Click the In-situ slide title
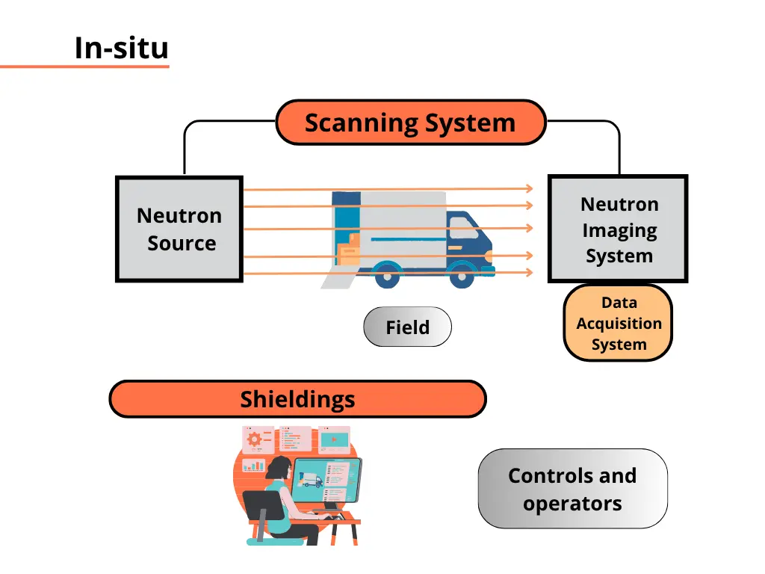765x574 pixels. click(x=121, y=48)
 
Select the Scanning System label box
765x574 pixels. click(x=410, y=123)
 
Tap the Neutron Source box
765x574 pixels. click(x=179, y=229)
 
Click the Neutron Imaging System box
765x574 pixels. click(x=618, y=229)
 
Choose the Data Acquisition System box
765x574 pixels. click(x=618, y=323)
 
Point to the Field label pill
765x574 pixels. click(x=407, y=327)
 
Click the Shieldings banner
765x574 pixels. click(x=297, y=399)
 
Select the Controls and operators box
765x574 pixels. click(x=572, y=489)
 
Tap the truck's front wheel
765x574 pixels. click(x=469, y=274)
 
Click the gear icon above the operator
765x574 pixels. click(x=254, y=439)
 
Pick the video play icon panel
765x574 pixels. click(x=334, y=439)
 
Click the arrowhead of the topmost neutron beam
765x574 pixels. click(x=529, y=189)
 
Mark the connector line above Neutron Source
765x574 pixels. click(x=185, y=149)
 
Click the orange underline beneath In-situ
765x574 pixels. click(x=84, y=67)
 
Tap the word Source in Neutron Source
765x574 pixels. click(x=182, y=244)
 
